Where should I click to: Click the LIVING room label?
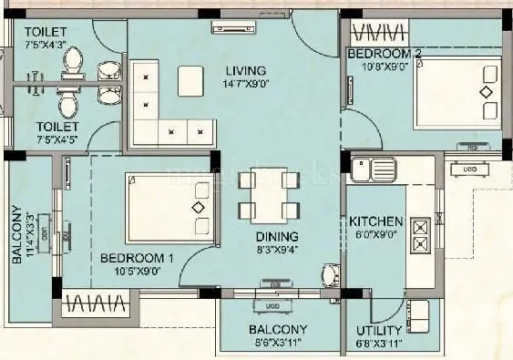pos(246,70)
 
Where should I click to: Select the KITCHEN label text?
pos(375,221)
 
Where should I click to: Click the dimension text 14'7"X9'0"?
pos(245,85)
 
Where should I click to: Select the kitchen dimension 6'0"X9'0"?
pos(375,235)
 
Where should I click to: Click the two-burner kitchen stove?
pos(421,234)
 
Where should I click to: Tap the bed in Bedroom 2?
pos(457,93)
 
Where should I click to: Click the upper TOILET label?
pos(46,31)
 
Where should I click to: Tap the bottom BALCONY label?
pos(277,329)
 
